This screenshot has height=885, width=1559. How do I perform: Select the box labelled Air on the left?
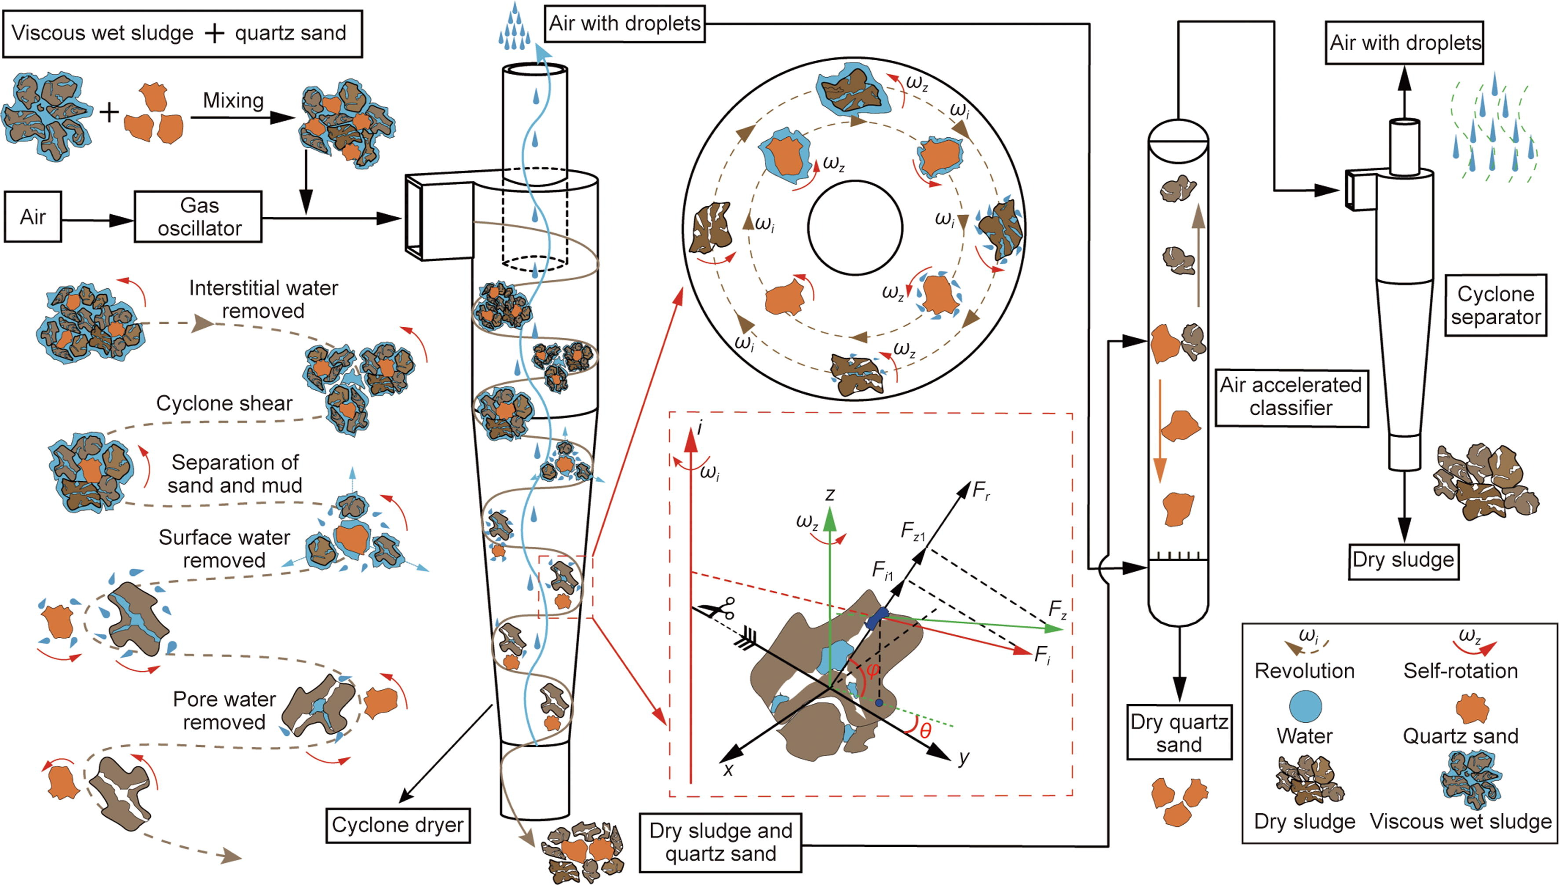(x=33, y=217)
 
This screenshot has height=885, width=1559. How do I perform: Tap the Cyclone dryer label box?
(x=398, y=825)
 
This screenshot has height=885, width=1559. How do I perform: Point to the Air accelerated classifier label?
(x=1291, y=396)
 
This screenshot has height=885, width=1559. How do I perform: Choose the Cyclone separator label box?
(x=1496, y=305)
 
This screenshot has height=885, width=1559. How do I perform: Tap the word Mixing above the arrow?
(x=234, y=100)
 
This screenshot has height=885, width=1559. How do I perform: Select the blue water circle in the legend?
(x=1304, y=707)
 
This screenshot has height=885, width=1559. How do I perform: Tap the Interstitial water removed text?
(x=263, y=299)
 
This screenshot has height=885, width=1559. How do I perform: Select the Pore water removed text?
(x=224, y=710)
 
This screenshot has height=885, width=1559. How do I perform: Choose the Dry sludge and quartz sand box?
(x=720, y=842)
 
